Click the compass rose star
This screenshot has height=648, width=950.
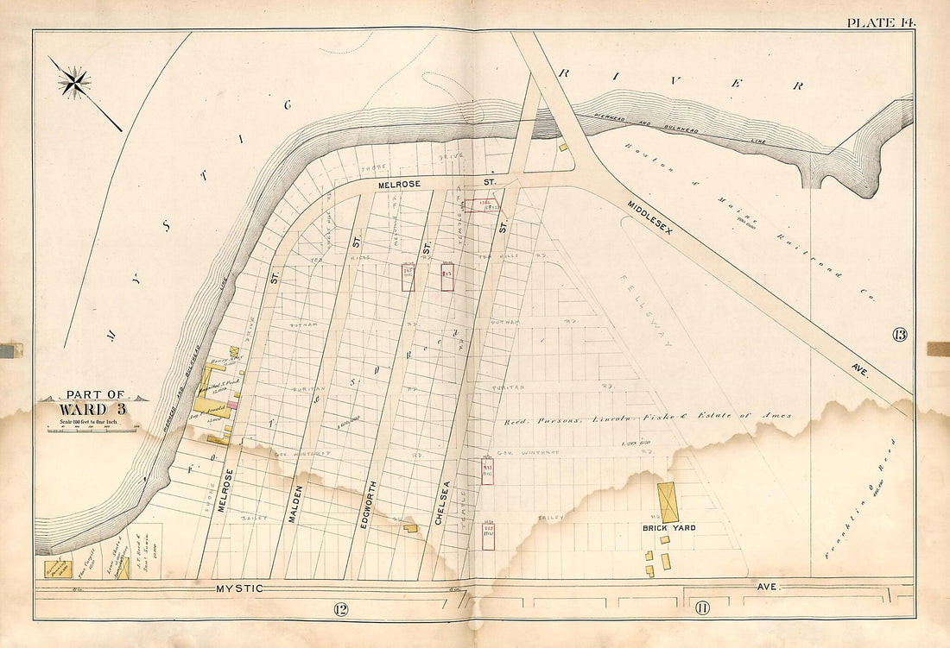pyautogui.click(x=75, y=83)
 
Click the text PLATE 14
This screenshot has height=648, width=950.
pyautogui.click(x=880, y=22)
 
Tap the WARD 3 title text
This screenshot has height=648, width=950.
pyautogui.click(x=93, y=408)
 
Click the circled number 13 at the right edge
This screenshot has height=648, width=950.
pyautogui.click(x=900, y=335)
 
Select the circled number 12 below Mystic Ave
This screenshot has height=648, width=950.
pyautogui.click(x=339, y=610)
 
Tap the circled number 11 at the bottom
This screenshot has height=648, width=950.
pyautogui.click(x=701, y=609)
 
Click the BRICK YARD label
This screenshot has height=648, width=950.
pyautogui.click(x=668, y=527)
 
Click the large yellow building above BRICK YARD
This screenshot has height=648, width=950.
pyautogui.click(x=668, y=502)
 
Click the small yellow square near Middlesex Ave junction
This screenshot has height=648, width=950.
pyautogui.click(x=563, y=148)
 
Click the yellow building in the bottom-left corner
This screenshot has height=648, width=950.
pyautogui.click(x=58, y=569)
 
